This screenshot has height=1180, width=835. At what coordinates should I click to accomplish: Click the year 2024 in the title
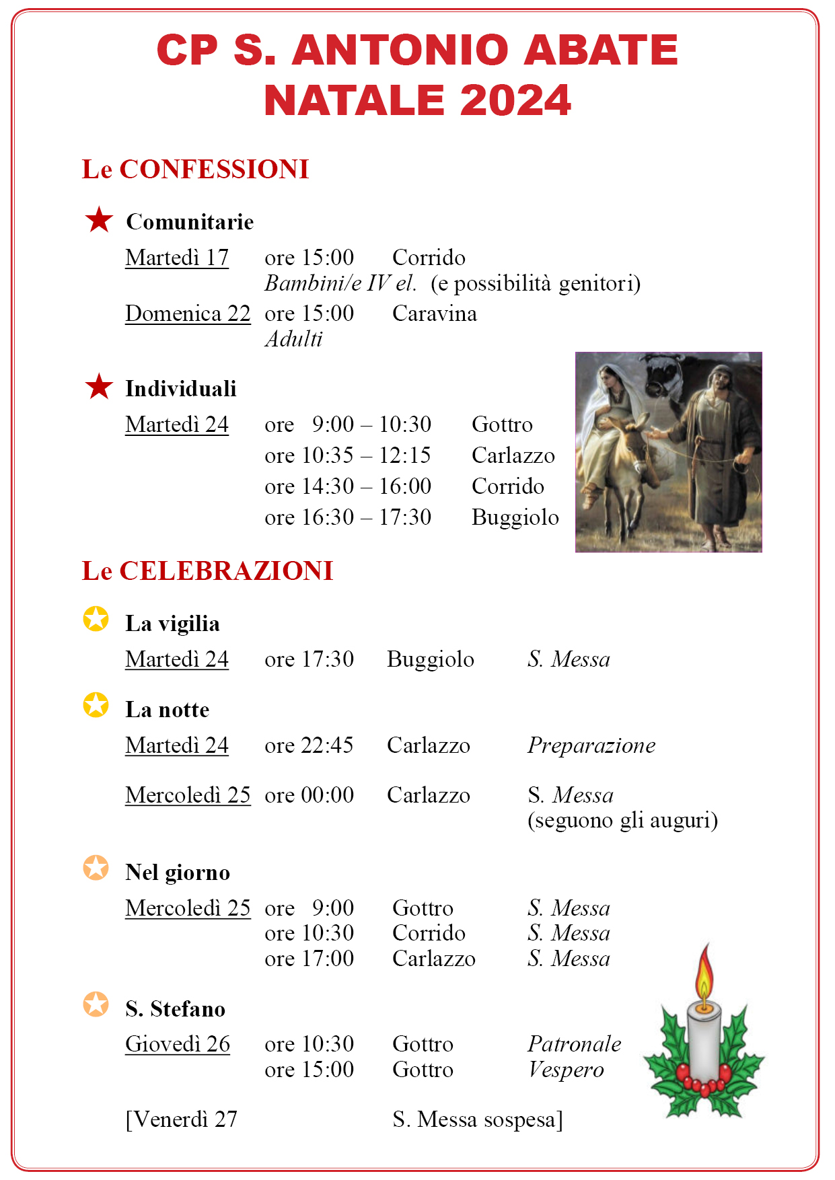tap(515, 100)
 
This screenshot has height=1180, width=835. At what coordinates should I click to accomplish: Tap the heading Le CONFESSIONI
tap(195, 170)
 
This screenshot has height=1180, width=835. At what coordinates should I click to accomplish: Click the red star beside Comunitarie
tap(99, 220)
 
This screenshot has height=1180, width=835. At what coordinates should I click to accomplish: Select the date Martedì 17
tap(177, 258)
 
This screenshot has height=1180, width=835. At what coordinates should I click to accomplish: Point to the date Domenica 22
tap(188, 314)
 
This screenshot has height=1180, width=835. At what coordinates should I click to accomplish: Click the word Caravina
tap(435, 314)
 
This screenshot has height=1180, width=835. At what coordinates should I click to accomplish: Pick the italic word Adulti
tap(294, 339)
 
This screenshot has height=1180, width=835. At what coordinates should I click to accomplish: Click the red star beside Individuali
tap(99, 387)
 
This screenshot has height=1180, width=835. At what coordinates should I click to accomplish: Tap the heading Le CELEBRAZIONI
tap(207, 571)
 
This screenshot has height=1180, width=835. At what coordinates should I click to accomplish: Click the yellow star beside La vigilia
tap(96, 619)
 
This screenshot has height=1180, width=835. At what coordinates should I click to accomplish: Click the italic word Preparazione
tap(591, 745)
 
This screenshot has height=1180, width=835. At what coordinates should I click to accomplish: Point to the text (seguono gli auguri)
tap(622, 821)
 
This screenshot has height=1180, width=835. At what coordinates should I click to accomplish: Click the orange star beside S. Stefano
tap(96, 1004)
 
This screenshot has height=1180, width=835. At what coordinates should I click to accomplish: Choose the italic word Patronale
tap(575, 1044)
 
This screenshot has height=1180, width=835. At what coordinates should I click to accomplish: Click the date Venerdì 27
tap(182, 1119)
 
